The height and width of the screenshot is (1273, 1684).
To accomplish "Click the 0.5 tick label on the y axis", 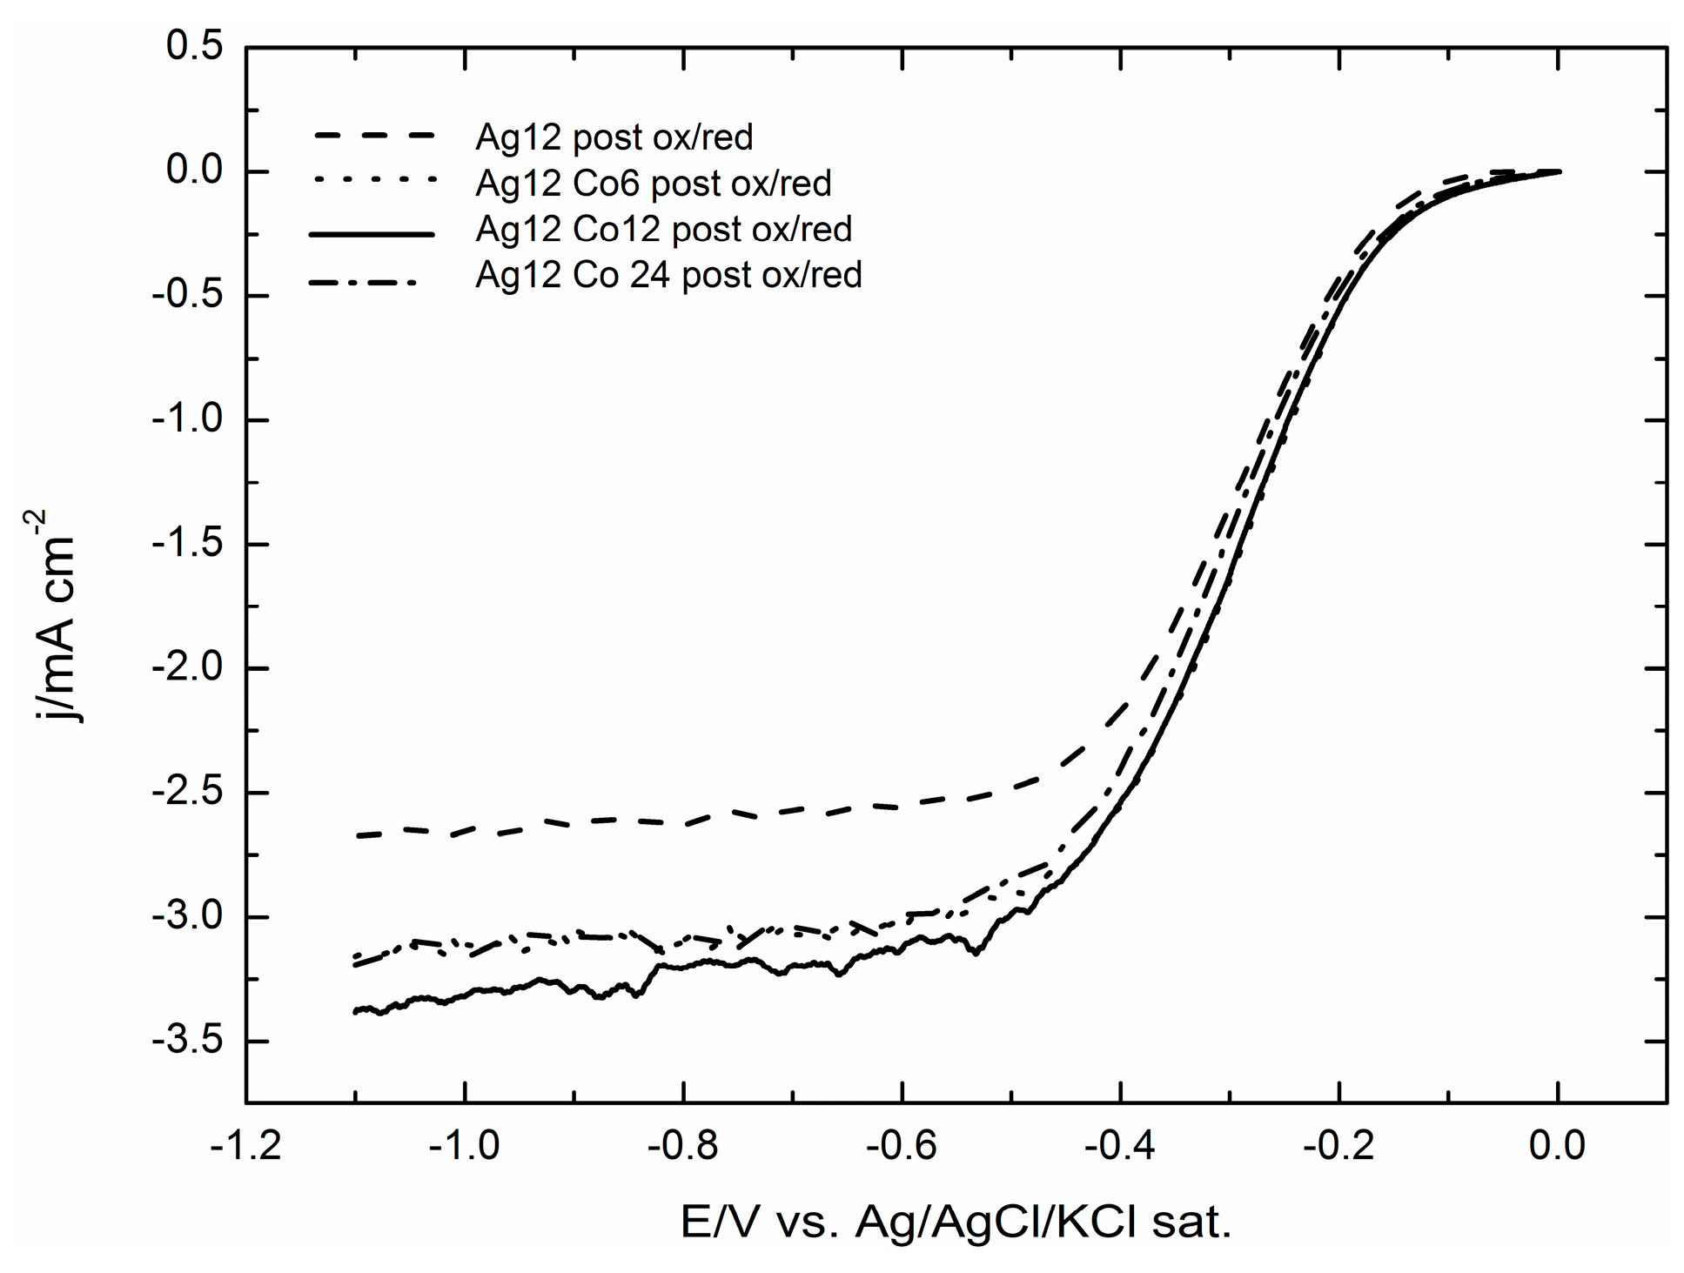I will (x=194, y=48).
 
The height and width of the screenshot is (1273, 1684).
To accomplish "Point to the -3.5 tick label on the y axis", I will (x=186, y=1042).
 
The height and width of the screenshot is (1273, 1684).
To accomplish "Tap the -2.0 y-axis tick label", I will (x=186, y=668).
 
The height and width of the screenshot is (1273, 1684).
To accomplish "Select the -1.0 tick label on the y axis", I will (x=186, y=420).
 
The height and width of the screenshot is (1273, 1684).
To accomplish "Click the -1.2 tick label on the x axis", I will (x=245, y=1146).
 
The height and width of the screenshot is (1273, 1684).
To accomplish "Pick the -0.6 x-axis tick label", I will (x=902, y=1146).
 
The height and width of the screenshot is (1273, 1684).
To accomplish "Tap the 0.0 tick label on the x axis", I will (x=1558, y=1146).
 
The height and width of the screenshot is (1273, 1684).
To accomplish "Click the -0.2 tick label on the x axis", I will (x=1338, y=1146).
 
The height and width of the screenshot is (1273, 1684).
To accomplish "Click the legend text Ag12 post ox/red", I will (x=614, y=137).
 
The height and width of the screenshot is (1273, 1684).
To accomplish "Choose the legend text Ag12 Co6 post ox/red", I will (x=653, y=183).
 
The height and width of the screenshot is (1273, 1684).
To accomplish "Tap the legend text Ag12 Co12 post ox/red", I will (x=663, y=229).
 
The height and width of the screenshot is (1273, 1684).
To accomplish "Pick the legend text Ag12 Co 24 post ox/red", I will (x=668, y=275).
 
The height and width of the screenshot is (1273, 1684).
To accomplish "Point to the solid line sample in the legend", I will (x=372, y=234).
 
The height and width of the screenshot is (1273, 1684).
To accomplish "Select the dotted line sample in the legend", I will (x=372, y=182).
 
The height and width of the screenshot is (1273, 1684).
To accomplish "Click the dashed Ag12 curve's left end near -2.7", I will (x=359, y=835).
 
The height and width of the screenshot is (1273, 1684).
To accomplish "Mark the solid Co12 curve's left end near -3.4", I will (x=356, y=1011).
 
